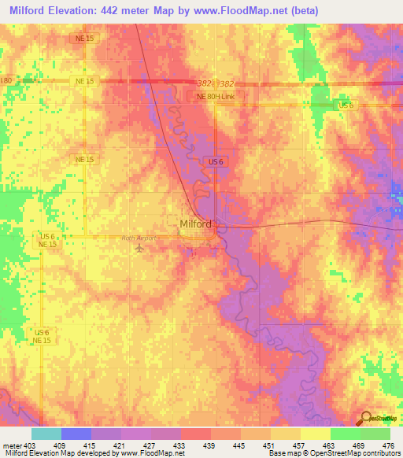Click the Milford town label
pos(195,223)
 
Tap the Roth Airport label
pos(139,238)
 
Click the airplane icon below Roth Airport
pos(141,249)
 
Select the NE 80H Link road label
pos(220,96)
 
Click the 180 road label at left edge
pos(6,81)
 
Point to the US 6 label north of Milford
pos(218,161)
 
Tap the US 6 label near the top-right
pos(346,105)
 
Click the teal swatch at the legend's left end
pos(46,434)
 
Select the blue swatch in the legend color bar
pos(76,434)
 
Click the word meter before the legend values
pos(11,444)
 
